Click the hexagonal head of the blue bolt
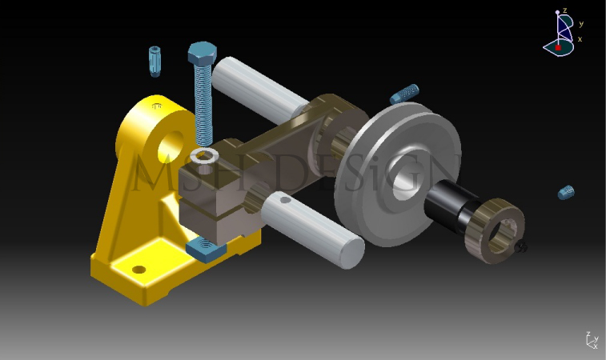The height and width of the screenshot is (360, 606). point(201,54)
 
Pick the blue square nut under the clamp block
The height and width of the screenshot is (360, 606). point(207,250)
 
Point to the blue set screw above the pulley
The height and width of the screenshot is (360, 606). point(404,94)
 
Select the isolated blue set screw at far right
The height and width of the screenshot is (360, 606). point(566,192)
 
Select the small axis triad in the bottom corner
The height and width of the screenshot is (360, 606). point(591,341)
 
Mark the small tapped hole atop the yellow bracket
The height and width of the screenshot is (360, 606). point(156,105)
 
